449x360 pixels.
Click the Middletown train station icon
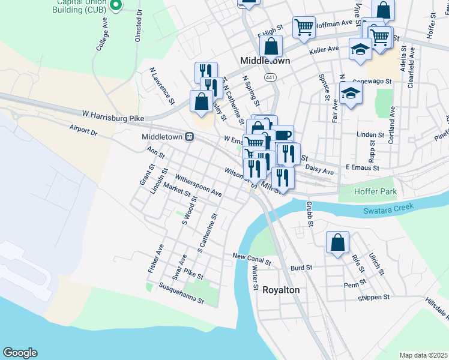coord(190,137)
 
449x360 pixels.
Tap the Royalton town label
coord(281,290)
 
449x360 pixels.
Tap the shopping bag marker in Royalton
coord(337,242)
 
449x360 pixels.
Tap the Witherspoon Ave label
coord(199,186)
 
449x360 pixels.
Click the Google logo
coord(20,353)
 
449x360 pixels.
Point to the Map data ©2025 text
coord(423,355)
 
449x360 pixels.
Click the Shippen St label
coord(373,296)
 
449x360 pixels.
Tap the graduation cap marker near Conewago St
coord(351,93)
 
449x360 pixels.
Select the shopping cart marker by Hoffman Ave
coord(304,26)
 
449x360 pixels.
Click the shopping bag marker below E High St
coord(271,45)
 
